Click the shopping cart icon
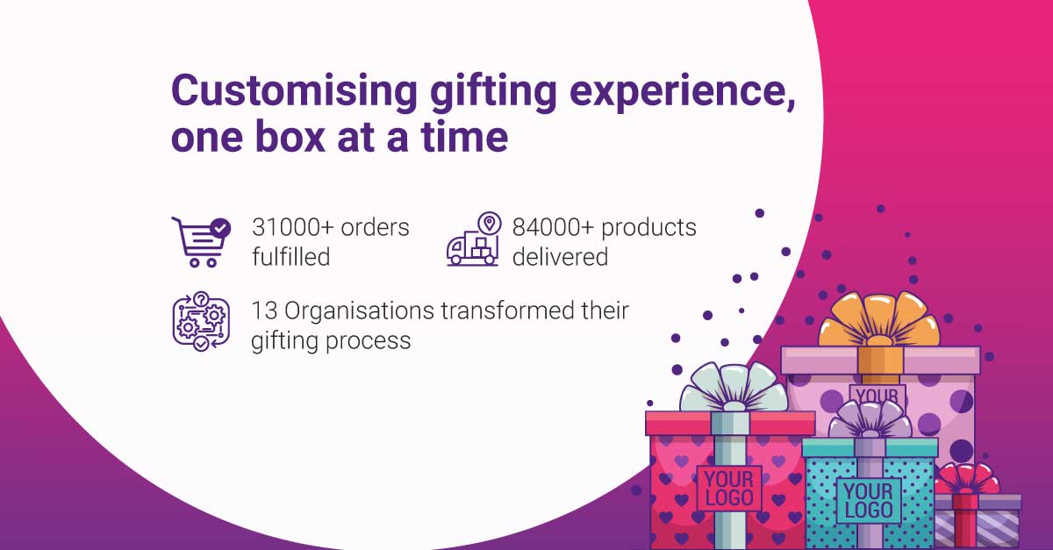200,241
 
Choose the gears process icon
200,321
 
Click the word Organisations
358,311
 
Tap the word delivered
560,257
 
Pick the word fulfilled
290,257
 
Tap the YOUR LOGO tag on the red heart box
728,489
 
